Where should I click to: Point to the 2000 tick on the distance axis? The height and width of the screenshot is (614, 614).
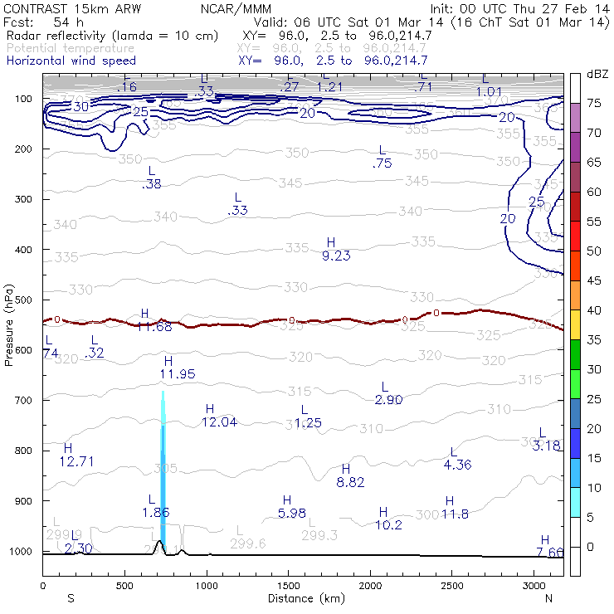369,586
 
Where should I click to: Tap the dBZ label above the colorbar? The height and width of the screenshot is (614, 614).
597,74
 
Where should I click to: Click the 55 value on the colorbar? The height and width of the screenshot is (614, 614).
594,222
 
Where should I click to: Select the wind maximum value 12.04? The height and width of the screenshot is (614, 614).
219,422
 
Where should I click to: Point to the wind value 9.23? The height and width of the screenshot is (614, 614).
336,256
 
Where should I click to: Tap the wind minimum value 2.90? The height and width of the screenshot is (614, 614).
388,400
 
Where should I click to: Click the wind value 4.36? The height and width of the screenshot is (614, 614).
457,465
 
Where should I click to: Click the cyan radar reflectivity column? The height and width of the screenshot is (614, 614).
163,481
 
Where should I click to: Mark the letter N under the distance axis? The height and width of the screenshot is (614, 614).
548,597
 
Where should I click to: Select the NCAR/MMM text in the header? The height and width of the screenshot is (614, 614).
236,8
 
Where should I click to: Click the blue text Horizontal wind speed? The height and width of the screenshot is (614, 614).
71,61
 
